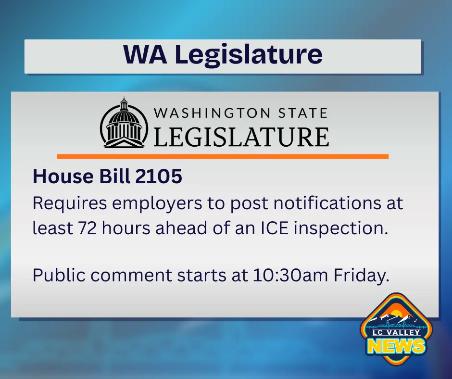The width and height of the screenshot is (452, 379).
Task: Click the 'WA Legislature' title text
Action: [223, 54]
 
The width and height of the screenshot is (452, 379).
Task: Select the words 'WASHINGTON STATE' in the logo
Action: [240, 114]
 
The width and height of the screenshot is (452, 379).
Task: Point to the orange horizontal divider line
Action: [222, 156]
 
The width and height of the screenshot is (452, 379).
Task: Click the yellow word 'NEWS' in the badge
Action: [397, 345]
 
